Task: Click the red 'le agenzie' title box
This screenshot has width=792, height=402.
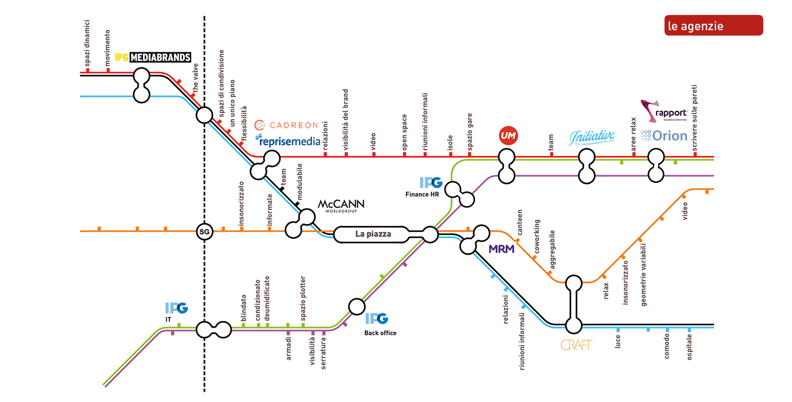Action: pyautogui.click(x=713, y=26)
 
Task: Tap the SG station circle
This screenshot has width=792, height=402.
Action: pyautogui.click(x=204, y=231)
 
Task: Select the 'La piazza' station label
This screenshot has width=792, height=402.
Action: pyautogui.click(x=373, y=234)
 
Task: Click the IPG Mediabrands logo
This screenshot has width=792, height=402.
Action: pyautogui.click(x=153, y=57)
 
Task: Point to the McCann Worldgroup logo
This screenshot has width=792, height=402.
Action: pyautogui.click(x=341, y=205)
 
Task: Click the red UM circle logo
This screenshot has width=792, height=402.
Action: pyautogui.click(x=508, y=135)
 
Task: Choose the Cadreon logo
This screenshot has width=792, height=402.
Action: pyautogui.click(x=287, y=125)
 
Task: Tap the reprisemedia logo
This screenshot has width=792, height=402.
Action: pyautogui.click(x=288, y=141)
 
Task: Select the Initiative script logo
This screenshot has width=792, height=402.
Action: pyautogui.click(x=592, y=136)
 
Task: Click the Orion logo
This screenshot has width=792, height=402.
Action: pyautogui.click(x=664, y=136)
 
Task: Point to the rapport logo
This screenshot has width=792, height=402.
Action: pyautogui.click(x=664, y=111)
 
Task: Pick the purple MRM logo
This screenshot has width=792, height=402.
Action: pyautogui.click(x=501, y=249)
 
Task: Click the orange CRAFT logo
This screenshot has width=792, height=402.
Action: pyautogui.click(x=576, y=345)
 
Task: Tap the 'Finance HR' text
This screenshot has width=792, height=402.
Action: pyautogui.click(x=422, y=194)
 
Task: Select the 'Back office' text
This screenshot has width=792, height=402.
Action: pyautogui.click(x=380, y=333)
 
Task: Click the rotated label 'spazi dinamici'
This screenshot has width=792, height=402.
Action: pyautogui.click(x=87, y=43)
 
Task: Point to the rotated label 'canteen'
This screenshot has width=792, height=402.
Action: pyautogui.click(x=520, y=222)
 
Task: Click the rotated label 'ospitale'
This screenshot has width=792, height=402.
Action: pyautogui.click(x=690, y=347)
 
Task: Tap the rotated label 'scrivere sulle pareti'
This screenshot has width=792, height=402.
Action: pyautogui.click(x=694, y=118)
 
